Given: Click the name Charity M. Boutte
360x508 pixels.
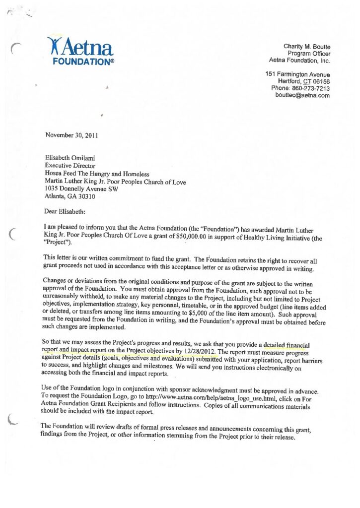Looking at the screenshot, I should (307, 46).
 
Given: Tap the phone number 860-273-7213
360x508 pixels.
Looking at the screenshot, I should (312, 88).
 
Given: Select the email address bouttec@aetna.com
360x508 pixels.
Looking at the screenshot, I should (302, 95).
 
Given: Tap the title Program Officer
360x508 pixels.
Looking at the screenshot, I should (309, 53).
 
